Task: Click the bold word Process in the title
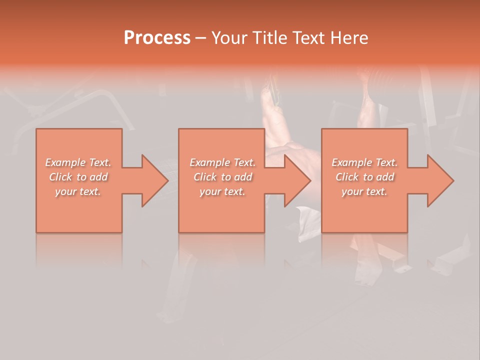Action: (157, 37)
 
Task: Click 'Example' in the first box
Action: (65, 162)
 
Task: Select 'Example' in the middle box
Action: (210, 162)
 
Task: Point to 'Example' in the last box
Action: (352, 162)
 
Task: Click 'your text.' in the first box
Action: (78, 191)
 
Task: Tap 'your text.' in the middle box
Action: (222, 191)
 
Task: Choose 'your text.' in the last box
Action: (364, 191)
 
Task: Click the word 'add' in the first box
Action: (99, 177)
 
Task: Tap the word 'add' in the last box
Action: (385, 177)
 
